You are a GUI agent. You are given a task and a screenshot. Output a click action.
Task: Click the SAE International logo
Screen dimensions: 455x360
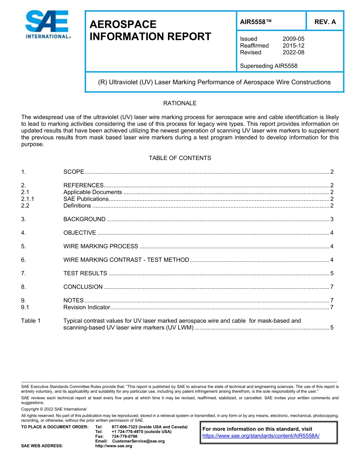[x=47, y=25]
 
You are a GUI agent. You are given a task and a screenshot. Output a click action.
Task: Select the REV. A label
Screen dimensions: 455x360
[x=325, y=22]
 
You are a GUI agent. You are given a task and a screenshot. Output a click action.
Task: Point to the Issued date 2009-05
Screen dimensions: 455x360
[x=293, y=39]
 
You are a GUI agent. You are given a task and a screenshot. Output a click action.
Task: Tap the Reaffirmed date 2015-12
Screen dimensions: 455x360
[x=293, y=45]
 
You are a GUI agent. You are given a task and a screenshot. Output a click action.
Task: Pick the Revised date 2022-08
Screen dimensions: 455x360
[x=293, y=52]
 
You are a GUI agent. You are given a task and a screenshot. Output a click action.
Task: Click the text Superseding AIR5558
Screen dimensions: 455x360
[x=269, y=66]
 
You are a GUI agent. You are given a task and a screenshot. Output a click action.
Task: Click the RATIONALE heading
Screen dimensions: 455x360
[x=180, y=103]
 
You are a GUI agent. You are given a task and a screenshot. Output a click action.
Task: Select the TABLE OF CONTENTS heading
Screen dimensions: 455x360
[x=180, y=158]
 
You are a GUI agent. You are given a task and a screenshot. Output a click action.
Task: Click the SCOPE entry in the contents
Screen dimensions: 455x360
[x=74, y=172]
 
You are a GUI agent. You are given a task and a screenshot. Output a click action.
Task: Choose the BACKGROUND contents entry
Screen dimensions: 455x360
[x=85, y=219]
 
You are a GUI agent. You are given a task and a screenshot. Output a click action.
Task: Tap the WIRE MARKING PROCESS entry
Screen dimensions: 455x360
[x=101, y=246]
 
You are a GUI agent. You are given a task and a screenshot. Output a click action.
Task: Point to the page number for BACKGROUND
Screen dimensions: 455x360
[x=332, y=219]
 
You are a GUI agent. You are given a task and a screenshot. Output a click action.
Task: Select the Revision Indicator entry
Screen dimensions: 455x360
[x=87, y=307]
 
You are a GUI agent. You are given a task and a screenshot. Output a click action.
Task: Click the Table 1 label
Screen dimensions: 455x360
[x=31, y=321]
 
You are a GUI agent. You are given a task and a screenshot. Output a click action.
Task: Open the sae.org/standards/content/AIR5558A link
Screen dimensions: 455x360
[x=261, y=436]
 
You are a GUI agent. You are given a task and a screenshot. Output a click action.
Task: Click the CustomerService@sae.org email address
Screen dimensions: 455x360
[x=138, y=441]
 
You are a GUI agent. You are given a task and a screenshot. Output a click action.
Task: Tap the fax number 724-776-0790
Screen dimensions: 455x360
[x=124, y=436]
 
